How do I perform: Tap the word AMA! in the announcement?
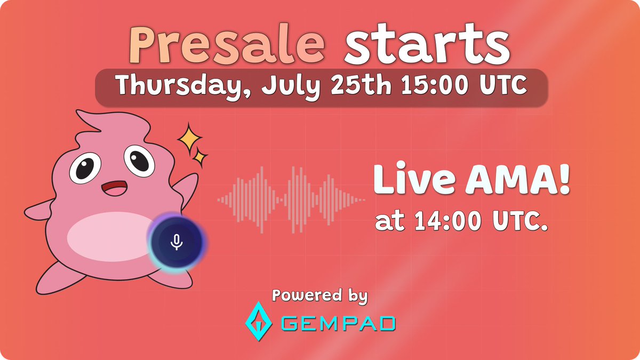512,180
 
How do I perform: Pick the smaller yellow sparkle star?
201,157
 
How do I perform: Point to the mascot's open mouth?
113,189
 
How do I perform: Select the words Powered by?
319,295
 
